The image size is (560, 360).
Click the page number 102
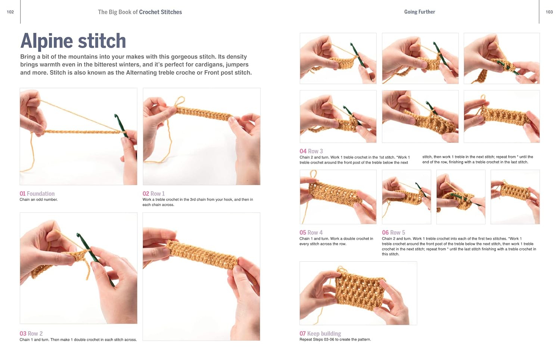pos(10,12)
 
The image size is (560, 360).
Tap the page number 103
pos(549,12)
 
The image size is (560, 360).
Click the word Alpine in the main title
pos(46,41)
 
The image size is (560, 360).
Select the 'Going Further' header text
pos(420,12)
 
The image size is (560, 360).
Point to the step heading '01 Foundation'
pos(37,193)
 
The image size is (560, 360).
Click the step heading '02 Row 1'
pos(153,193)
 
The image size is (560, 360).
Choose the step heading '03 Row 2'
pos(31,333)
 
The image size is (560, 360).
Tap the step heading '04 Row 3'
pos(311,151)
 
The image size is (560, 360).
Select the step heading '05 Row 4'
pos(311,232)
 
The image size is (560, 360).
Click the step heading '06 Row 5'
pos(393,232)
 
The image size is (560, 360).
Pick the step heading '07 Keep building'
pos(320,333)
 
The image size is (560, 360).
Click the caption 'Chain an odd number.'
pos(38,199)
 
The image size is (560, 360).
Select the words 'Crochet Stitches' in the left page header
pos(161,12)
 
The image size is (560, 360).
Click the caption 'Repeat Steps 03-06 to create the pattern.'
pos(335,339)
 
